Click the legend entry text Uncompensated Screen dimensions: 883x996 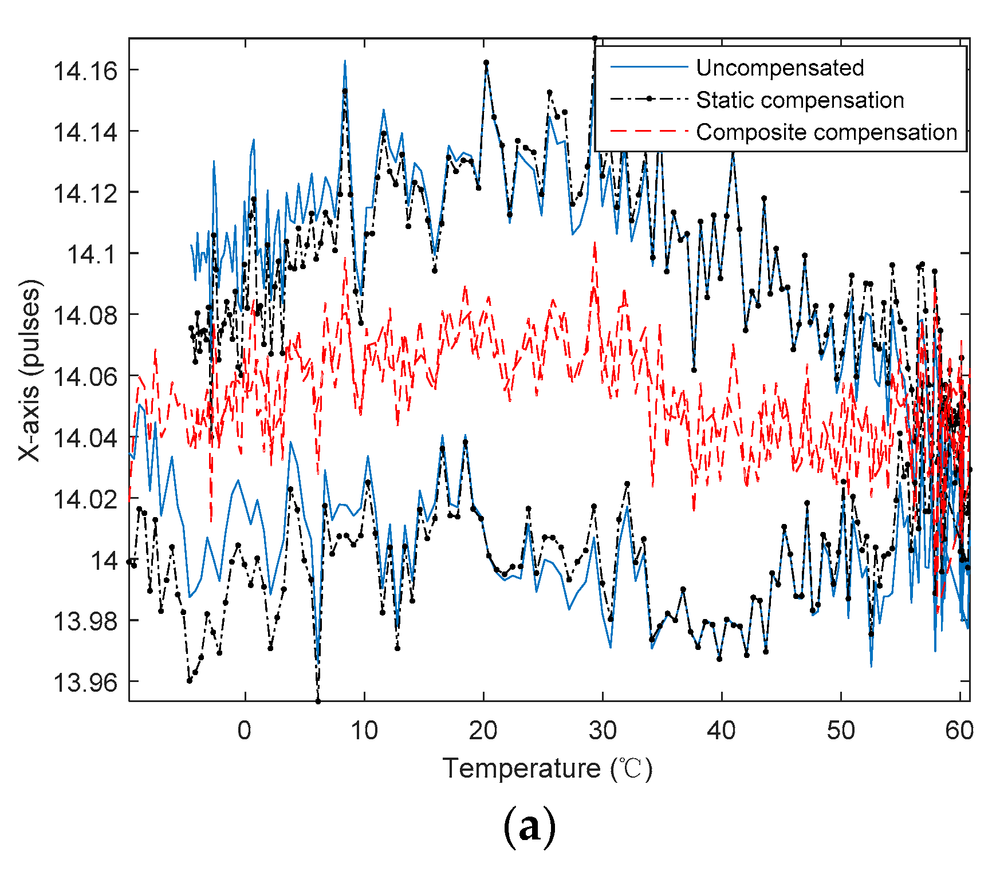point(780,68)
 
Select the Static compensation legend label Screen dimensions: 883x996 point(800,100)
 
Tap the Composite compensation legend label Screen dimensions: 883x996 point(826,132)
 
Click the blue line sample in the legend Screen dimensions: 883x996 point(649,68)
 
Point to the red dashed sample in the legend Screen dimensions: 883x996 point(649,132)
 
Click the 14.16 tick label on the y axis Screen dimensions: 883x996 point(85,71)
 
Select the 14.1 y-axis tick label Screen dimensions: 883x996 point(92,254)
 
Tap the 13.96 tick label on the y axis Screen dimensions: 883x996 point(85,682)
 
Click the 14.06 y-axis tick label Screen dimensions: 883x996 point(85,376)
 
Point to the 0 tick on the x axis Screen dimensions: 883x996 point(245,731)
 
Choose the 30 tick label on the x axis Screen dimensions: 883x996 point(603,731)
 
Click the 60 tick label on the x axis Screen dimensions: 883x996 point(959,731)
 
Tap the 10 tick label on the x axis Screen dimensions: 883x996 point(364,731)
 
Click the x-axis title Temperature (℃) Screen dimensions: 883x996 point(547,768)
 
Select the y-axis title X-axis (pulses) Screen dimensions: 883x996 point(30,370)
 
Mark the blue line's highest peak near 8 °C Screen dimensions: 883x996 point(345,61)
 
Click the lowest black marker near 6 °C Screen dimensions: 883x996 point(318,701)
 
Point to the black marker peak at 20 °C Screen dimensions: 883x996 point(486,62)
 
